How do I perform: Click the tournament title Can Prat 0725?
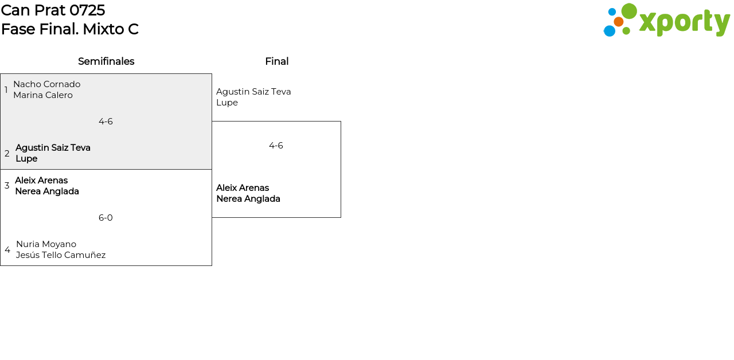[53, 10]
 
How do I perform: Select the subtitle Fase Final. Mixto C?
[70, 29]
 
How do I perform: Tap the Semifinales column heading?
[106, 61]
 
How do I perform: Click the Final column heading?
[277, 61]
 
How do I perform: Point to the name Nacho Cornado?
[47, 84]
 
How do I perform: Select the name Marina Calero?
[43, 95]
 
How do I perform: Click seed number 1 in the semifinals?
[6, 90]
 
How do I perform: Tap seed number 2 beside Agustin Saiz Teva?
[7, 153]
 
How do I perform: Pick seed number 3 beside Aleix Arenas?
[7, 186]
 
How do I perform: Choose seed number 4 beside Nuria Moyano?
[7, 250]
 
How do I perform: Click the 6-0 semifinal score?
[106, 218]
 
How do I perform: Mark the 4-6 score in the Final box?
[276, 146]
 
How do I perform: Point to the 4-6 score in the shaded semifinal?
[106, 122]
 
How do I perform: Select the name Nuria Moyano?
[46, 244]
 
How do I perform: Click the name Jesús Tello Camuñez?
[61, 255]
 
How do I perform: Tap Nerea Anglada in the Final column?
[248, 199]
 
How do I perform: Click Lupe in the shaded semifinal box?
[26, 159]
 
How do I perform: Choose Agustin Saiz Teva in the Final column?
[253, 92]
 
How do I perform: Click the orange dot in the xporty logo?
[619, 22]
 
